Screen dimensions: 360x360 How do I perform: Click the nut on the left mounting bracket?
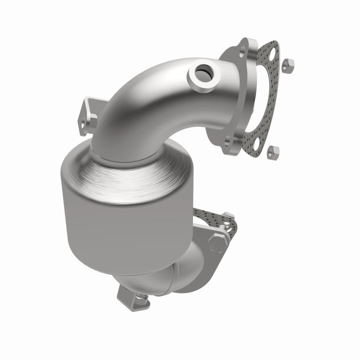93,121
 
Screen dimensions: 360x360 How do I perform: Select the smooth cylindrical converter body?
103,225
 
